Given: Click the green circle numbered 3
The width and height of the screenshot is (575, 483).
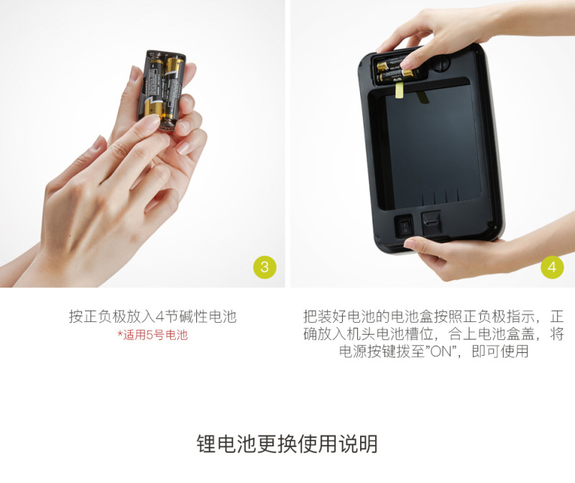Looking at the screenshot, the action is click(264, 267).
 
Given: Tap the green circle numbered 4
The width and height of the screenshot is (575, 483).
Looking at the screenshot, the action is click(552, 267).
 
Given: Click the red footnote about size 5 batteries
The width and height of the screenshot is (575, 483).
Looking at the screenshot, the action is click(152, 335).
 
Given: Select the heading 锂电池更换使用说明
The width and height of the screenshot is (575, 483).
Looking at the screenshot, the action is click(287, 443).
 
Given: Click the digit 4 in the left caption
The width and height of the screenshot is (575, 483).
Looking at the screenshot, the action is click(160, 316).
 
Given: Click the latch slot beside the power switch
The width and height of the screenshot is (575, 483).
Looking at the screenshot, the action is click(431, 224).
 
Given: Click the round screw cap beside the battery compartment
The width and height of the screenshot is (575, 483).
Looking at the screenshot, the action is click(440, 63).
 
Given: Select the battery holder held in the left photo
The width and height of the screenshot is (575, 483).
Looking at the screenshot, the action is click(162, 90).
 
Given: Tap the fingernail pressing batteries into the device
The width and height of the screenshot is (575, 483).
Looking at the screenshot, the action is click(405, 64).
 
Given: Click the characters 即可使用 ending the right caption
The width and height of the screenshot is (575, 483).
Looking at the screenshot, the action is click(500, 351).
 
